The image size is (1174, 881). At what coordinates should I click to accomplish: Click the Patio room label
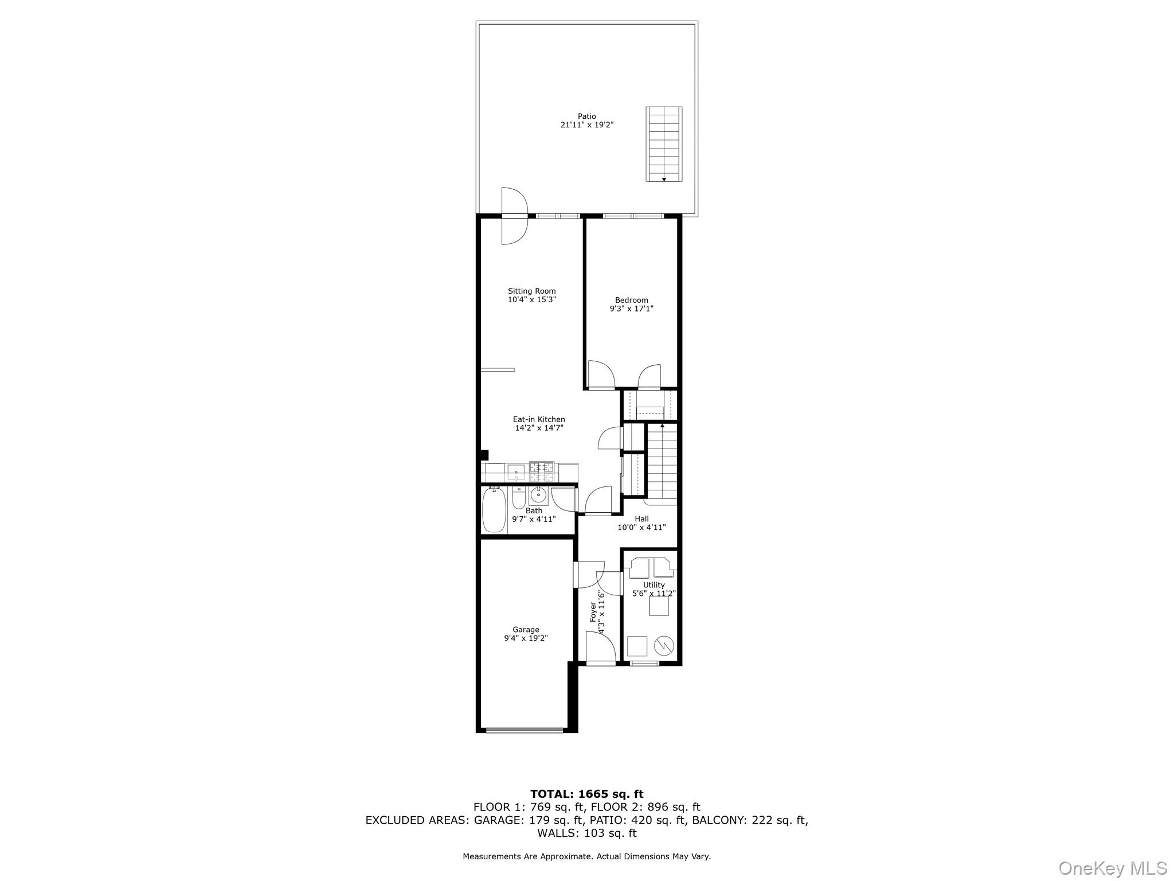[586, 116]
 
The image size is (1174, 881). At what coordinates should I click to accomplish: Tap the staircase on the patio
[664, 144]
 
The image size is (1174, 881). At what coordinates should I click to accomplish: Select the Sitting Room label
[531, 291]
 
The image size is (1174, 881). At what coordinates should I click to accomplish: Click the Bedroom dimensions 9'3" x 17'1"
[631, 309]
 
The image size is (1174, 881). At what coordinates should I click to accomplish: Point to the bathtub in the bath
[494, 510]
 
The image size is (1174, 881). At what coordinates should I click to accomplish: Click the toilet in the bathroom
[518, 498]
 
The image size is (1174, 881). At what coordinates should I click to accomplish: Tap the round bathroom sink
[538, 494]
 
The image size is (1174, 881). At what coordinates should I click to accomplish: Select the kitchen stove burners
[542, 471]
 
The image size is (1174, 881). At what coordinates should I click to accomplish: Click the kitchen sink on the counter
[515, 472]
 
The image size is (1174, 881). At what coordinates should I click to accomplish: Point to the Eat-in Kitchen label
[538, 419]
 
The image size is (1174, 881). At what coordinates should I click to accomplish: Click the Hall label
[641, 519]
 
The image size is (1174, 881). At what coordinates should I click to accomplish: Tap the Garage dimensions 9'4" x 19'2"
[526, 638]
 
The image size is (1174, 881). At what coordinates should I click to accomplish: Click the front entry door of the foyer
[600, 662]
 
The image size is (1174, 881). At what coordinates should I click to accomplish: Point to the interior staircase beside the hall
[662, 462]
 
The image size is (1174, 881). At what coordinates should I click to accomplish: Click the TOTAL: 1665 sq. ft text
[586, 794]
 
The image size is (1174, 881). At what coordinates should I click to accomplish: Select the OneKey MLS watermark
[1112, 868]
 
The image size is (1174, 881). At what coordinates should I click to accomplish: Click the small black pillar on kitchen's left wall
[484, 455]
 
